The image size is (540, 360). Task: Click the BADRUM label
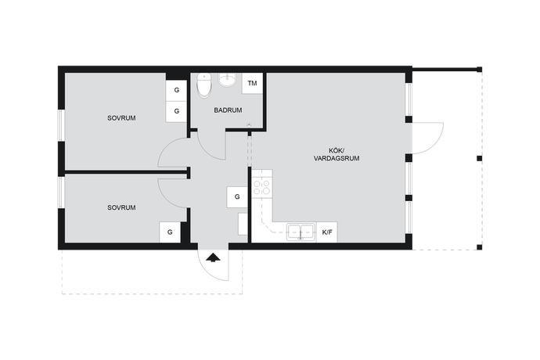pyautogui.click(x=228, y=110)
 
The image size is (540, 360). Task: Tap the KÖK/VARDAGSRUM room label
pyautogui.click(x=337, y=155)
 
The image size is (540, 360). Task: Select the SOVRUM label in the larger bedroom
pyautogui.click(x=121, y=118)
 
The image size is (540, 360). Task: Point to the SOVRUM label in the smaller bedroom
pyautogui.click(x=121, y=207)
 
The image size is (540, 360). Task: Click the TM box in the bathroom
pyautogui.click(x=253, y=83)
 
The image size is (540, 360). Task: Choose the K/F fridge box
pyautogui.click(x=327, y=232)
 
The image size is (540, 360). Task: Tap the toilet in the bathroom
pyautogui.click(x=204, y=85)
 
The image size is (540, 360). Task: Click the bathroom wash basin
pyautogui.click(x=227, y=80)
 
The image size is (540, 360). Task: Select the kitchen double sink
pyautogui.click(x=301, y=232)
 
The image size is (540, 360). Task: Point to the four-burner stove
pyautogui.click(x=261, y=188)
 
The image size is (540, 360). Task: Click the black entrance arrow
pyautogui.click(x=213, y=257)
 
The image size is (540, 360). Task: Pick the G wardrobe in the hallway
pyautogui.click(x=237, y=197)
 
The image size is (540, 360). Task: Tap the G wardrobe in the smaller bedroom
pyautogui.click(x=170, y=232)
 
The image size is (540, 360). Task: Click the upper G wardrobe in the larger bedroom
pyautogui.click(x=176, y=90)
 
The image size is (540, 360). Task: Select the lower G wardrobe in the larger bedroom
pyautogui.click(x=176, y=111)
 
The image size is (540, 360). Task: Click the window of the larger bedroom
pyautogui.click(x=61, y=125)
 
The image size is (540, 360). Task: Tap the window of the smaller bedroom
pyautogui.click(x=61, y=193)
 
